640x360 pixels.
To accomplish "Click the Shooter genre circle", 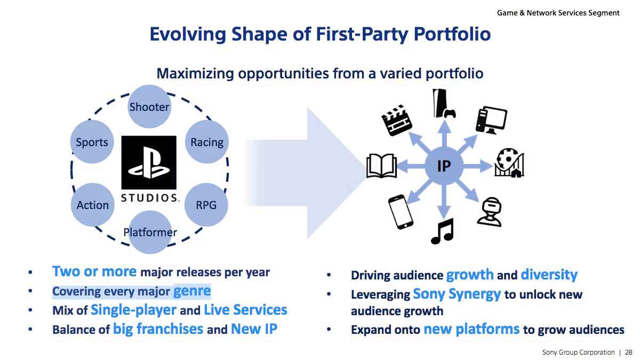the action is click(149, 107).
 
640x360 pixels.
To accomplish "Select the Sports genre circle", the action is click(92, 142).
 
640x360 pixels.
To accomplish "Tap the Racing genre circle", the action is click(207, 142).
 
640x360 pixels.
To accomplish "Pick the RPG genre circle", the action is click(206, 205).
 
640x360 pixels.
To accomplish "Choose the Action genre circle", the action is click(93, 205).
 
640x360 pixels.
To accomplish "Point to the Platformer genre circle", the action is click(150, 232).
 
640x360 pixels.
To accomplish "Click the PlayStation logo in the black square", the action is click(149, 162).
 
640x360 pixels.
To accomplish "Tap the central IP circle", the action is click(444, 166).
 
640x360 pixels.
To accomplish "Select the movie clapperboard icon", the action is click(397, 120).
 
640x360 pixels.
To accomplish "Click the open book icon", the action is click(382, 166).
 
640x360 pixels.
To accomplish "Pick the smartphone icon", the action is click(401, 212).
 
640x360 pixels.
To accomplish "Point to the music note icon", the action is click(443, 231).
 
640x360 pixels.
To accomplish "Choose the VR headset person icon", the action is click(490, 212).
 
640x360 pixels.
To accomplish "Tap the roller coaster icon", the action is click(509, 163).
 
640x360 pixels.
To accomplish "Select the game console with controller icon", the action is click(444, 103).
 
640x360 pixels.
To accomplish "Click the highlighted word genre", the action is click(192, 291).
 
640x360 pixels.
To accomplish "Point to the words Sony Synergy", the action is click(457, 294).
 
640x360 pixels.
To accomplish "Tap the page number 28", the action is click(629, 353).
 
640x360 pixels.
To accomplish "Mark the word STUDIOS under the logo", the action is click(149, 198).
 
